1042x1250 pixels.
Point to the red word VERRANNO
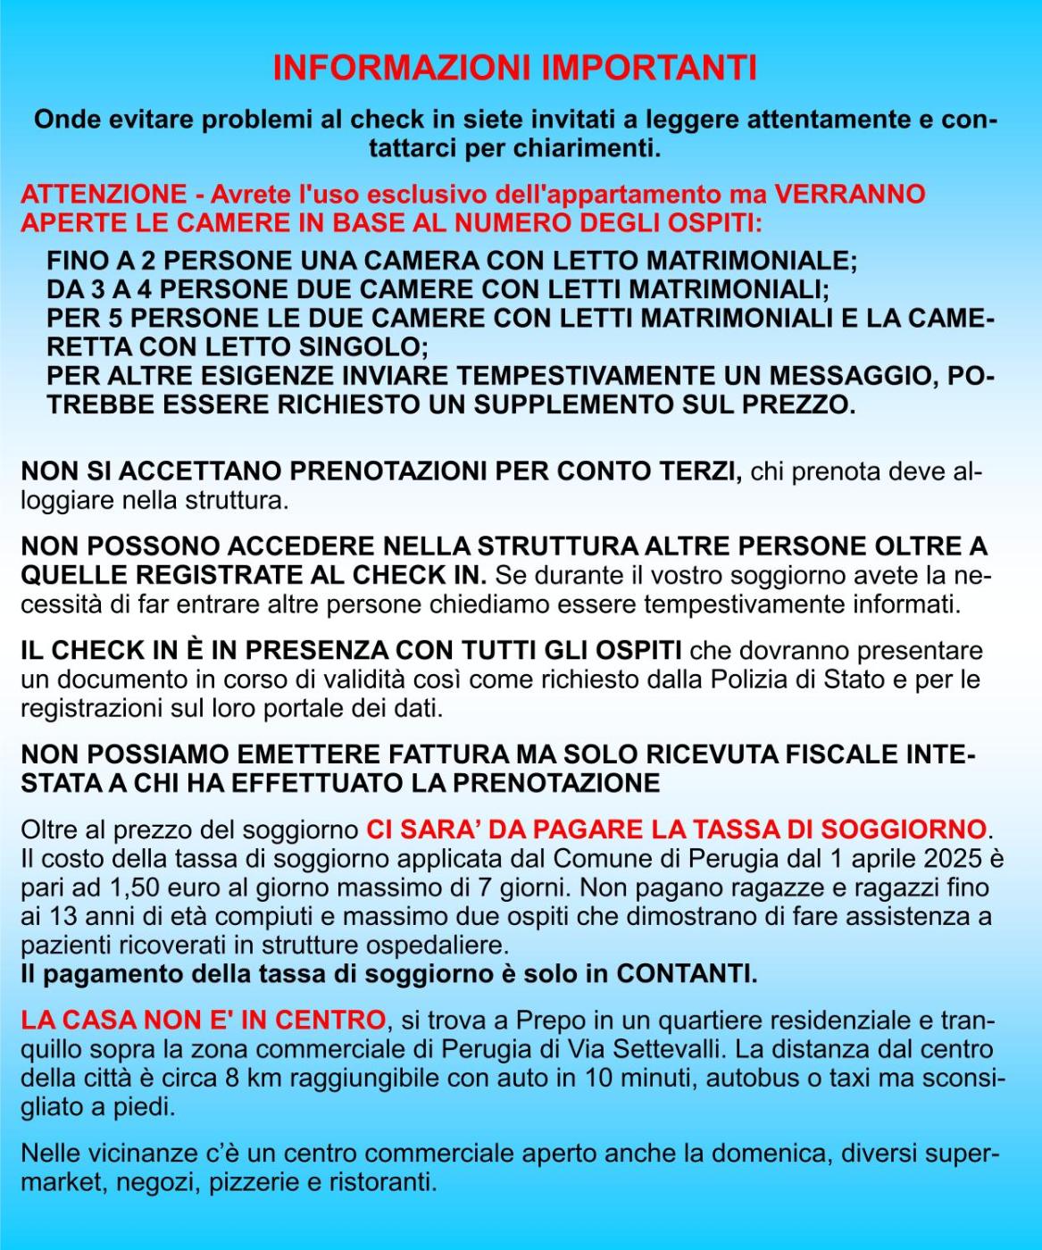coord(849,195)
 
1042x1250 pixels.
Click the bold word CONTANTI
coord(686,973)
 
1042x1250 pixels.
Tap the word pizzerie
coord(254,1183)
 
